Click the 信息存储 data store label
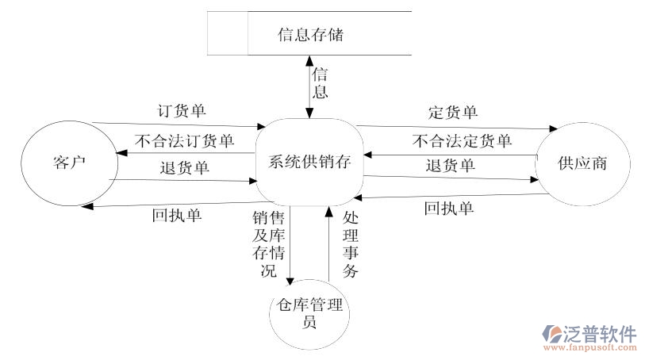click(310, 34)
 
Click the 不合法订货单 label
click(185, 141)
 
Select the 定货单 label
click(452, 112)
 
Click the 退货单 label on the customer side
click(184, 167)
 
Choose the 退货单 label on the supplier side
click(450, 165)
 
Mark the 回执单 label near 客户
click(176, 214)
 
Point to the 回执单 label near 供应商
click(449, 209)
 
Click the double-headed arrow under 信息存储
click(309, 87)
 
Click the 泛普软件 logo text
click(600, 332)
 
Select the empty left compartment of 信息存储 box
click(228, 33)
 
